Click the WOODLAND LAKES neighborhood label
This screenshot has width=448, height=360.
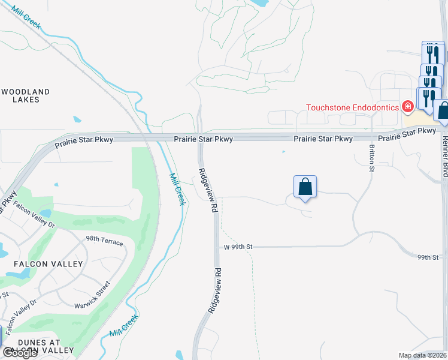tap(25, 95)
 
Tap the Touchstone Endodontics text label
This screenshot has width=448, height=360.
tap(352, 108)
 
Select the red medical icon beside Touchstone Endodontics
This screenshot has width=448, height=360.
tap(408, 107)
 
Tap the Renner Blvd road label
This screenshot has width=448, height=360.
tap(444, 157)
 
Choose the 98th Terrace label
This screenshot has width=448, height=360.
tap(104, 242)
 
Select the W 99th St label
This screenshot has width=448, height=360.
tap(238, 247)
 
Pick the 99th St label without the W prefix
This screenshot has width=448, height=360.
tap(428, 257)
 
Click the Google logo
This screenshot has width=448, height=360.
tap(20, 353)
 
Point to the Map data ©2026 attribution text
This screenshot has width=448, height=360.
tap(422, 355)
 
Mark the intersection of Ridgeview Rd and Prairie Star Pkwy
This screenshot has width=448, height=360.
tap(200, 137)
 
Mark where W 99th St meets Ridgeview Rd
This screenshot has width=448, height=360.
tap(216, 247)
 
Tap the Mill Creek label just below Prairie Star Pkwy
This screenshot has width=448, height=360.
tap(177, 189)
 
